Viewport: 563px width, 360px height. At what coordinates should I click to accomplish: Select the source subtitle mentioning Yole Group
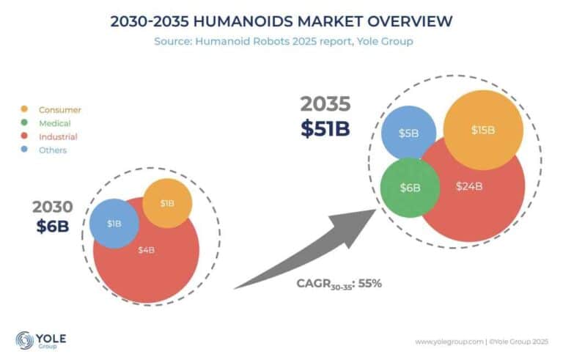(283, 41)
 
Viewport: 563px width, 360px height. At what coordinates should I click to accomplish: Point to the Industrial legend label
(58, 136)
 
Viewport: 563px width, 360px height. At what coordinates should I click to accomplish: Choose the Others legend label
(53, 150)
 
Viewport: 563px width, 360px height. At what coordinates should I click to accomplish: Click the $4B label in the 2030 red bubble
(146, 250)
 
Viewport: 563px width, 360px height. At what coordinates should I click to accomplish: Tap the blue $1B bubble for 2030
(114, 223)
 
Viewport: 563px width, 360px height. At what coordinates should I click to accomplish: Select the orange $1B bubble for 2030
(167, 202)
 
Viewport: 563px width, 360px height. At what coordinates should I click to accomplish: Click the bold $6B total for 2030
(52, 226)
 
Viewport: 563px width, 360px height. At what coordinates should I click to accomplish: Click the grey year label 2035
(324, 106)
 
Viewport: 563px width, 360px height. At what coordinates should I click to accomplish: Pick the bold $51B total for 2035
(325, 128)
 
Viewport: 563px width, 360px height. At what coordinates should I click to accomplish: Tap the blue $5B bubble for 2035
(408, 133)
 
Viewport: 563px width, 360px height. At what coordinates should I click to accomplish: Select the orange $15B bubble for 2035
(483, 130)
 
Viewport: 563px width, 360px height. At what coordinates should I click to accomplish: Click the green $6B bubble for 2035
(410, 187)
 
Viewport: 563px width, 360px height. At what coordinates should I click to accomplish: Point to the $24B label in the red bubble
(468, 186)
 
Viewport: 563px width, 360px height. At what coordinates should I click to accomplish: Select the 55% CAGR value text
(369, 283)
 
